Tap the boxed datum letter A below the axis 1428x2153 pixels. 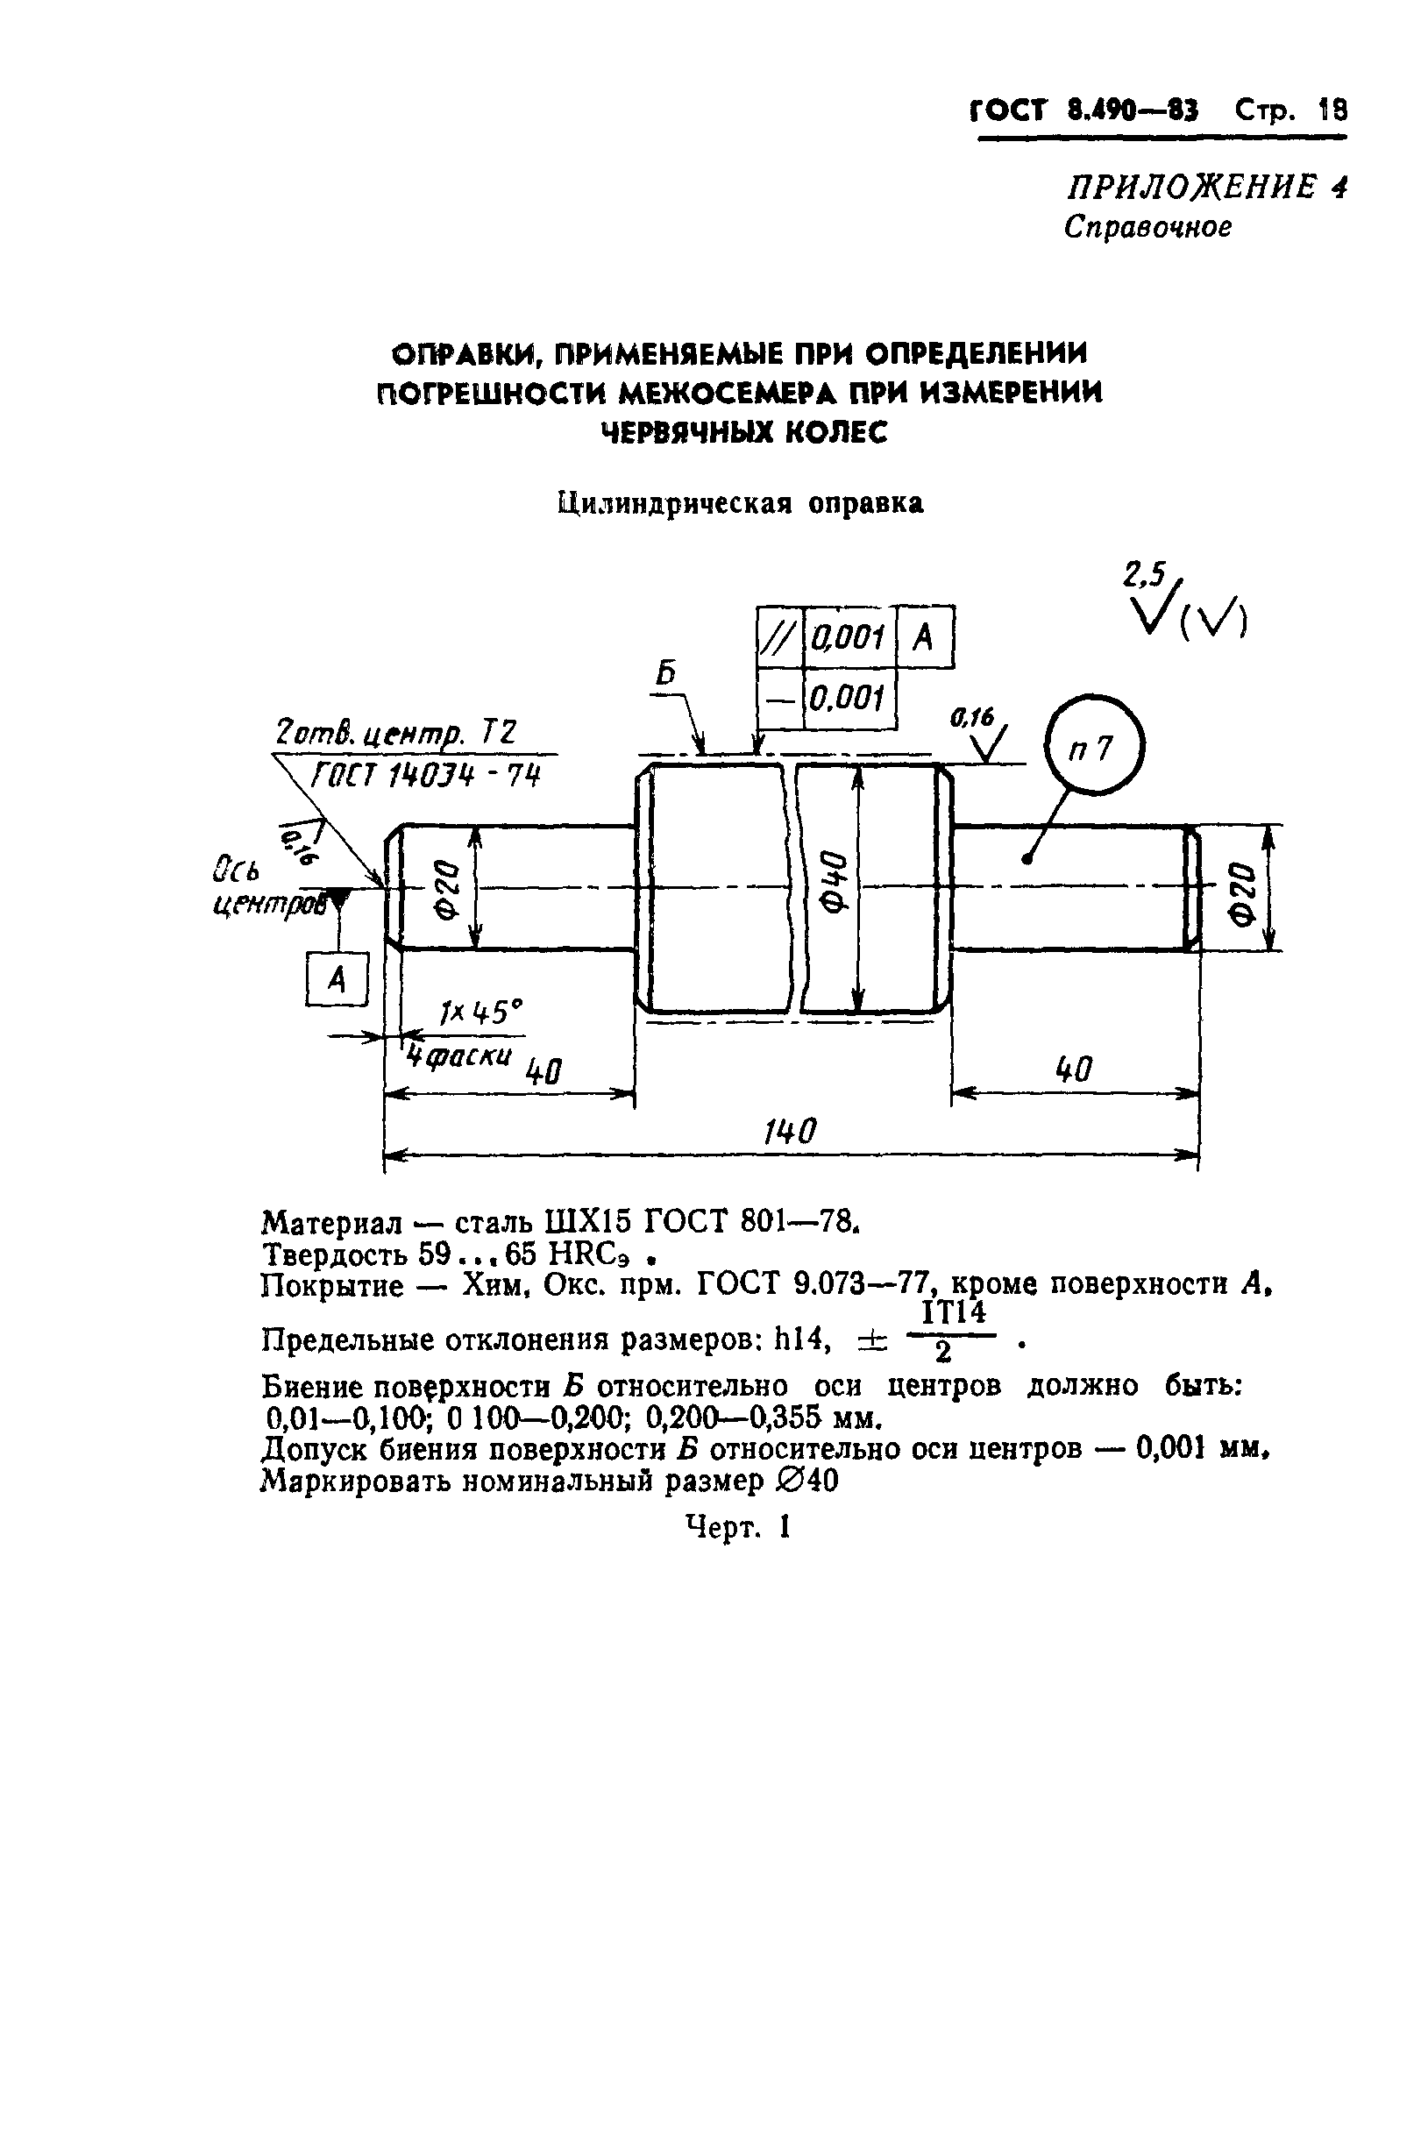pyautogui.click(x=337, y=980)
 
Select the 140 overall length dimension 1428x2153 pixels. pyautogui.click(x=790, y=1131)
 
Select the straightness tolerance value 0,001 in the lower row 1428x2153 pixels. pyautogui.click(x=848, y=699)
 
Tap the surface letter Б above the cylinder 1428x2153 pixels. pyautogui.click(x=668, y=675)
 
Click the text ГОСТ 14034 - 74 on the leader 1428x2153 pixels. pyautogui.click(x=425, y=778)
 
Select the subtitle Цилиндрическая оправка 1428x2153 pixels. pyautogui.click(x=741, y=502)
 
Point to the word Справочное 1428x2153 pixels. pyautogui.click(x=1147, y=227)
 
